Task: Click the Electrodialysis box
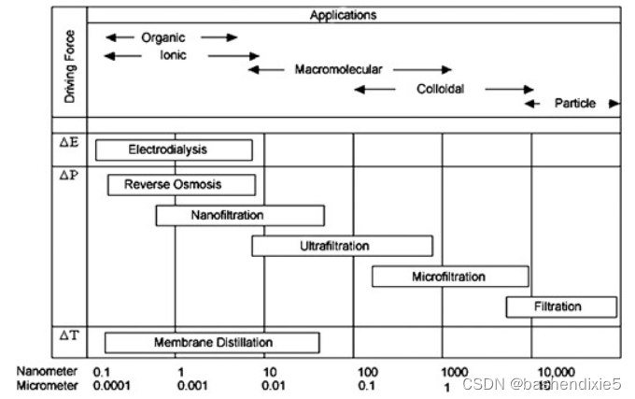[174, 150]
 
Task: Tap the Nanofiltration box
[240, 216]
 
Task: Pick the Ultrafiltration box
[342, 246]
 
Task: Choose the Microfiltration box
[449, 277]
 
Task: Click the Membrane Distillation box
[212, 343]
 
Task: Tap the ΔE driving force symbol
[69, 144]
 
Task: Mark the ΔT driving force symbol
[69, 334]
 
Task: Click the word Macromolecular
[338, 69]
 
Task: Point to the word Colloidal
[440, 89]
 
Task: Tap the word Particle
[574, 103]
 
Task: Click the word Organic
[163, 37]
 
